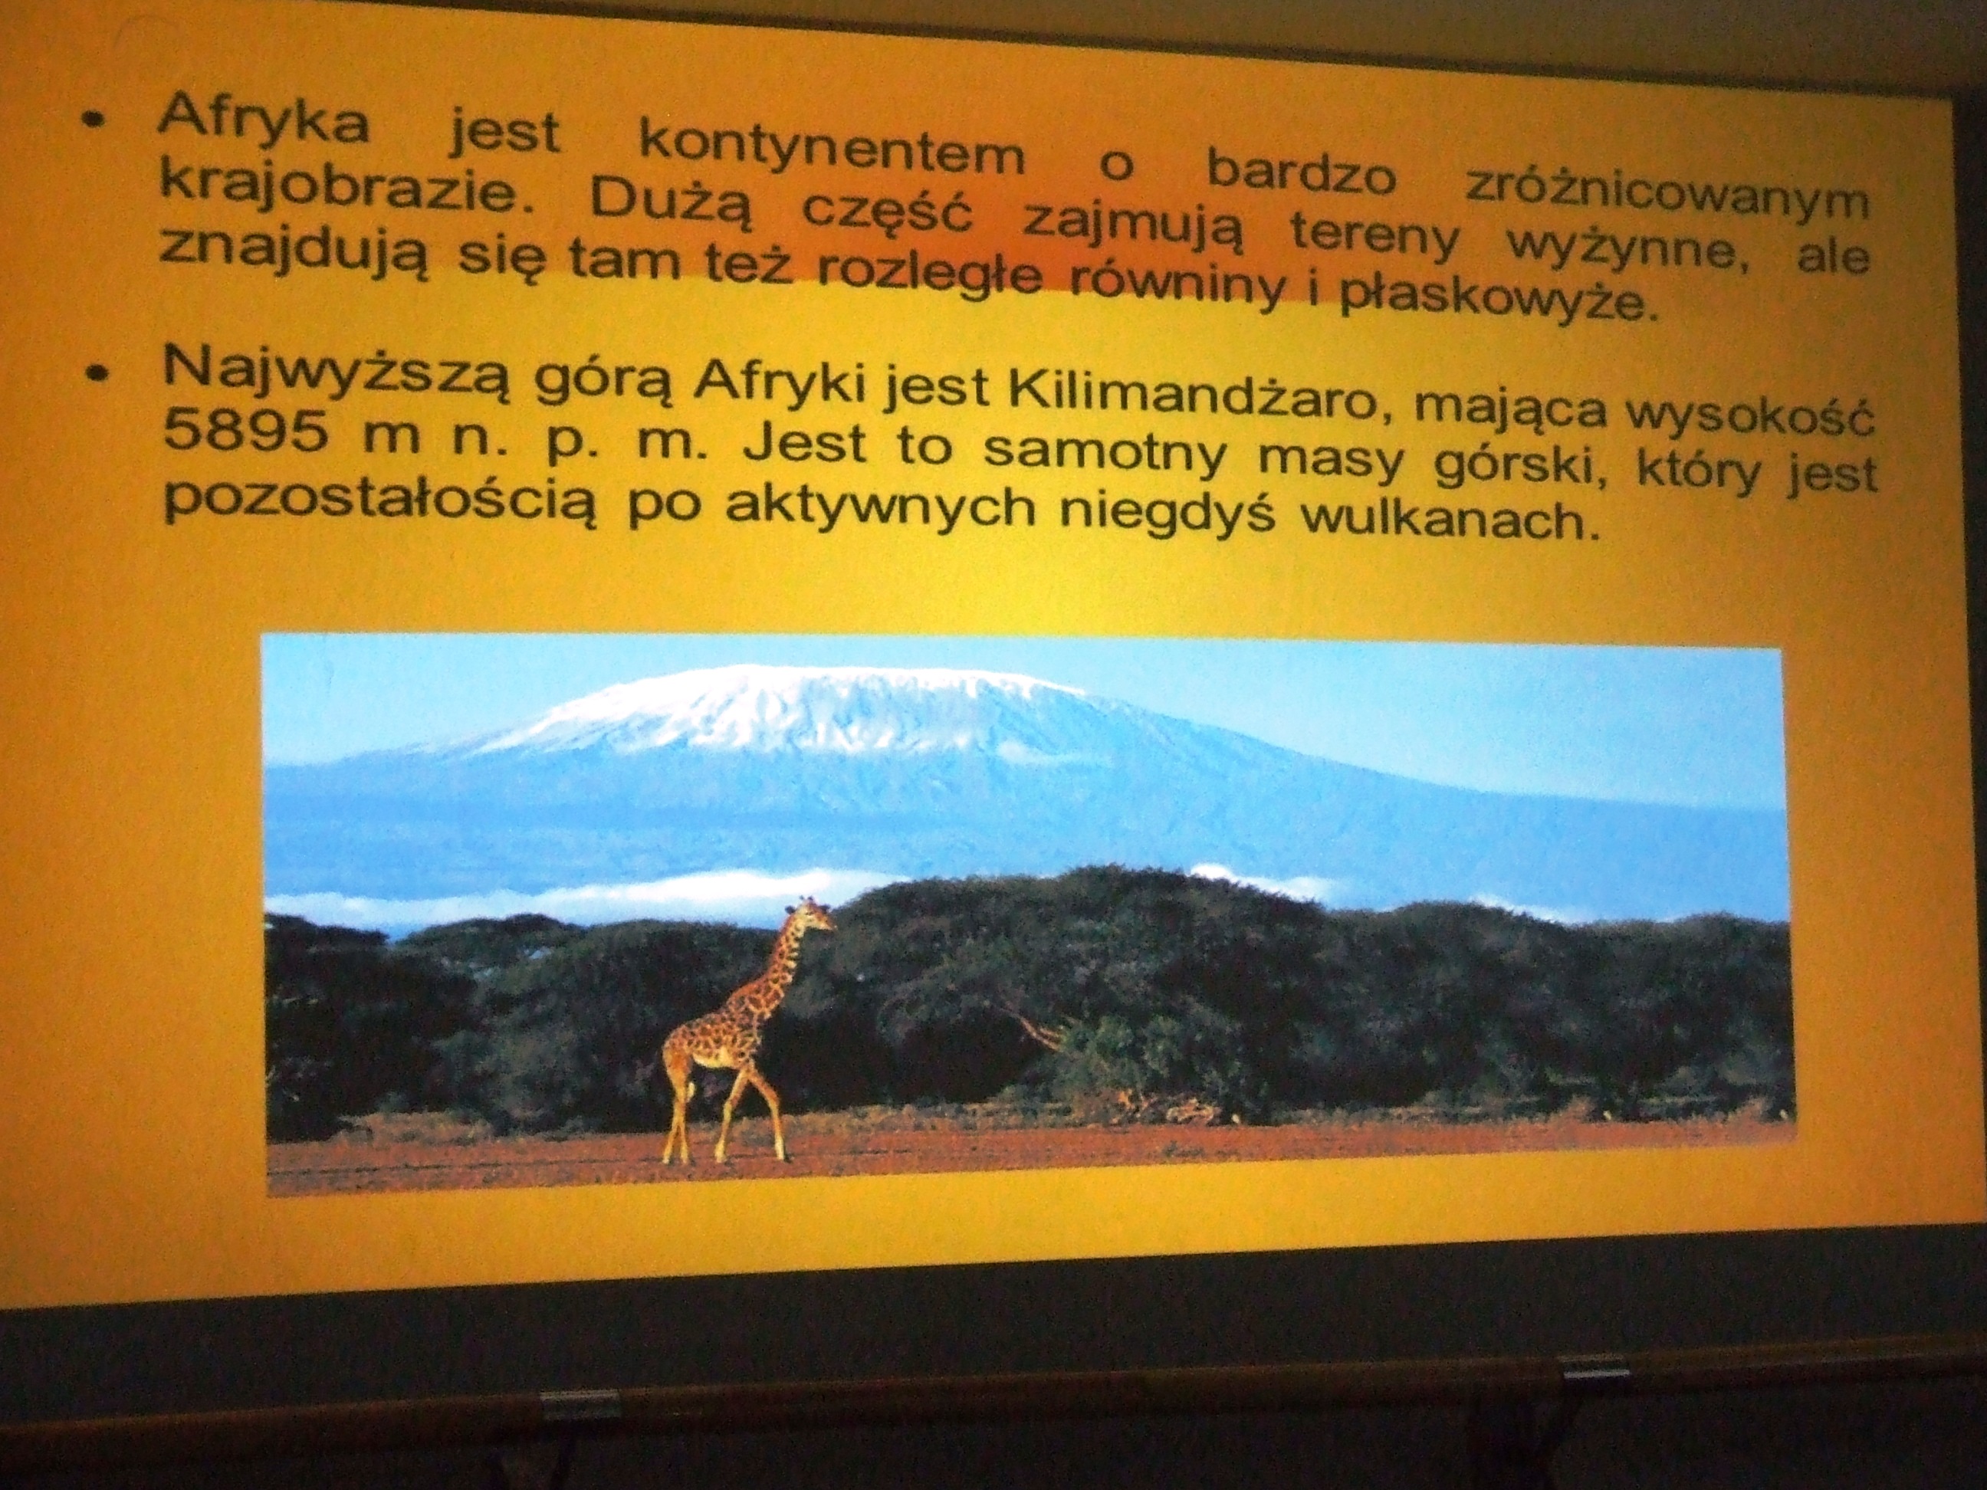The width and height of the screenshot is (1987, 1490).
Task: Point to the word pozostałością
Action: (x=379, y=501)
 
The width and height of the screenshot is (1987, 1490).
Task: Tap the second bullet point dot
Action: (x=98, y=371)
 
